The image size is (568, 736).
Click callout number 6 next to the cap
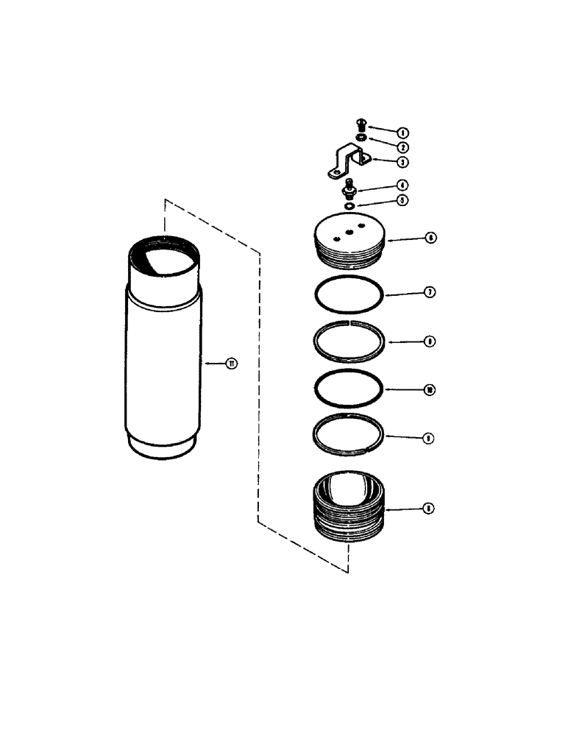coord(429,238)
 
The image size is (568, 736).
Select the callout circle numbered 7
coord(430,292)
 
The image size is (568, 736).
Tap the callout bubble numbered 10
coord(430,389)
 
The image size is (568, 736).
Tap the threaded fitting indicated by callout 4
coord(349,191)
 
